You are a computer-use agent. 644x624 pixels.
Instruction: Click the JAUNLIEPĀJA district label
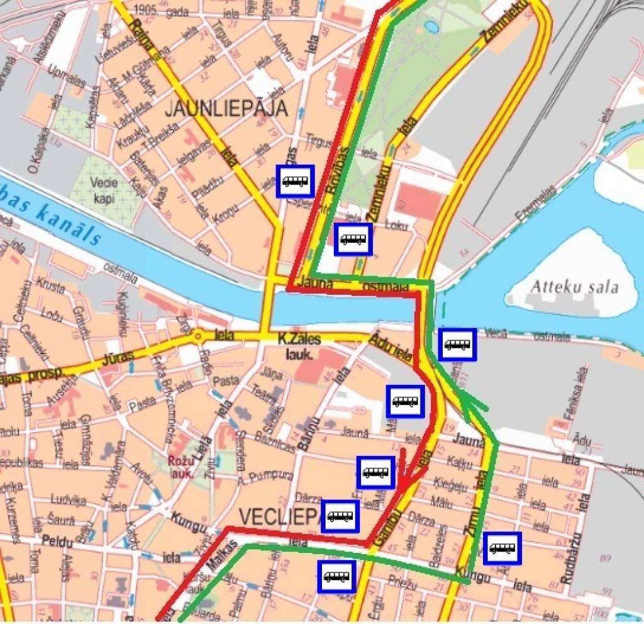coord(226,108)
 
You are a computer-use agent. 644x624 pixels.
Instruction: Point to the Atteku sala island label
coord(575,287)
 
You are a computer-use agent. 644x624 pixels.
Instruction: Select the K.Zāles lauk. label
coord(299,344)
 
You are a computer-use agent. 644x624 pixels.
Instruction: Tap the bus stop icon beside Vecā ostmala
coord(457,344)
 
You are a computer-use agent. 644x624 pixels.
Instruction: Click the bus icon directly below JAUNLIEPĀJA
coord(295,182)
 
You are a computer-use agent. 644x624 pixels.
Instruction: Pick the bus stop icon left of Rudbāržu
coord(502,548)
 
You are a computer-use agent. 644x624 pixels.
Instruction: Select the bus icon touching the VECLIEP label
coord(340,516)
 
